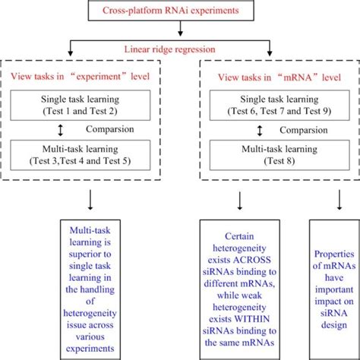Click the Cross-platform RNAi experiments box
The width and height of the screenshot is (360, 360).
[x=181, y=11]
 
